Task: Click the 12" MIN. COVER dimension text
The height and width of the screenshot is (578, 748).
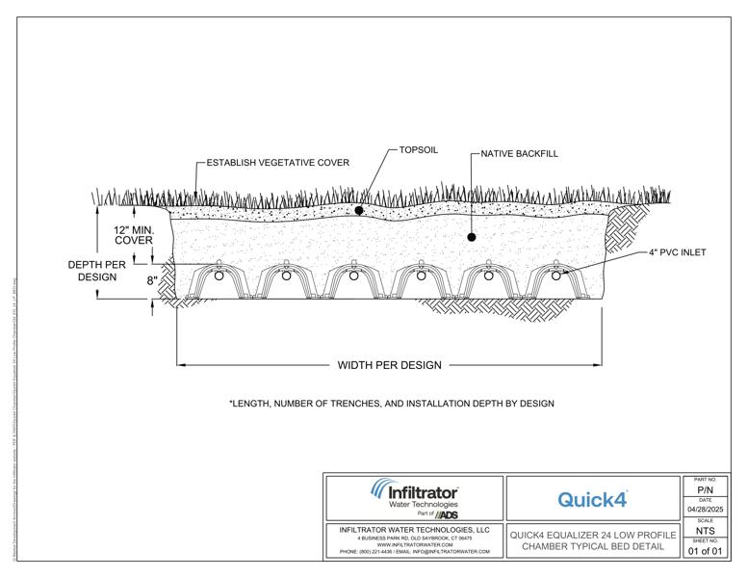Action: coord(134,235)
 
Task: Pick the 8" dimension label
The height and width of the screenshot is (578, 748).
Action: coord(151,281)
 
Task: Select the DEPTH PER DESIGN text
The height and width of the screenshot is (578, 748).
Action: coord(92,270)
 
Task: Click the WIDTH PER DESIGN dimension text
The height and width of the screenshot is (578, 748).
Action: coord(389,365)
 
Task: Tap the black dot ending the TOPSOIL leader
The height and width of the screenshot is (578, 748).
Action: coord(358,209)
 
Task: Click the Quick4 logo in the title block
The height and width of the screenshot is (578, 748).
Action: coord(592,499)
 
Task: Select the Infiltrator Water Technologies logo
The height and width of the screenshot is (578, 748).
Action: coord(415,497)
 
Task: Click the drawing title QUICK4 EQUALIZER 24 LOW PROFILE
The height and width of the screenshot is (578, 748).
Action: coord(592,534)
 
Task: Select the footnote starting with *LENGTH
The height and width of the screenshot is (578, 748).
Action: coord(392,403)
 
